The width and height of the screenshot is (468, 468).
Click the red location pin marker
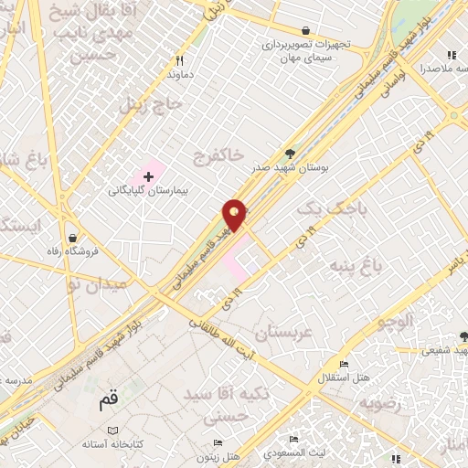click(235, 214)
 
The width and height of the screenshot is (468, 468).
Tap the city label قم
click(109, 401)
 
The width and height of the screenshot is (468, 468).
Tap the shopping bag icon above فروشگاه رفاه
click(71, 239)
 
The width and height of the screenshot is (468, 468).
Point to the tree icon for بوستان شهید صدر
click(291, 153)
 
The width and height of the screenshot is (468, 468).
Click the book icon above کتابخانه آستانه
click(112, 430)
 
